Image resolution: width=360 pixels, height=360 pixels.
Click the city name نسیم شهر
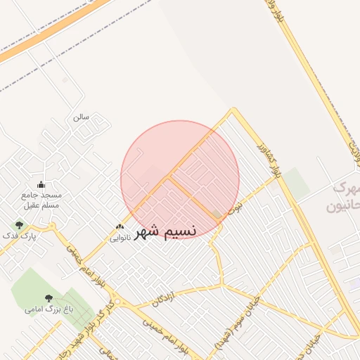[166, 231]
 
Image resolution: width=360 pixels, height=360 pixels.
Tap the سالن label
[80, 117]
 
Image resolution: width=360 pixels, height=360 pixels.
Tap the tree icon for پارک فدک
[19, 225]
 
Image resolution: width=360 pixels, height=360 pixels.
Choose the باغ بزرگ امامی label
[44, 309]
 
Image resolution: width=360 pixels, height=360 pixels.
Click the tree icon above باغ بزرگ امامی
[49, 298]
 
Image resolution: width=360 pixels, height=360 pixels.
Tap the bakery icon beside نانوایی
[120, 227]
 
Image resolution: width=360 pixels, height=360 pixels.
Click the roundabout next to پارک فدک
[51, 226]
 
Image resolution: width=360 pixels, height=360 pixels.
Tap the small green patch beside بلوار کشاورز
[295, 183]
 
